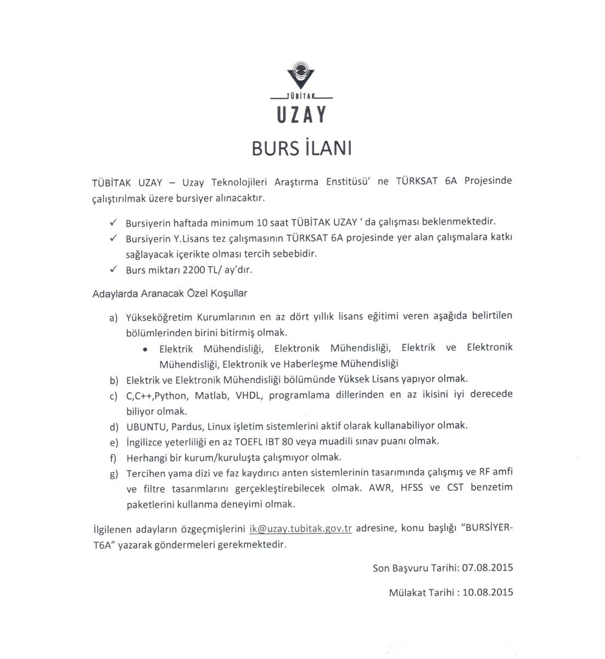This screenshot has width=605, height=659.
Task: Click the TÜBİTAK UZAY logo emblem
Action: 301,76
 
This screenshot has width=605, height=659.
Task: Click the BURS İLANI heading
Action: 301,148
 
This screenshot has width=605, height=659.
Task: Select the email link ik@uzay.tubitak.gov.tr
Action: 300,529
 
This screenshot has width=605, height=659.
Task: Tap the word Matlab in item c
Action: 209,394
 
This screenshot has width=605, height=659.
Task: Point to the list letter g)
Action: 114,473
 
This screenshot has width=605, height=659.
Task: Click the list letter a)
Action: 114,317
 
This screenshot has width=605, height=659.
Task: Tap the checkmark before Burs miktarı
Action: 113,269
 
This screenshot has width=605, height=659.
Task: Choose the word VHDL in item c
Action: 249,394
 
